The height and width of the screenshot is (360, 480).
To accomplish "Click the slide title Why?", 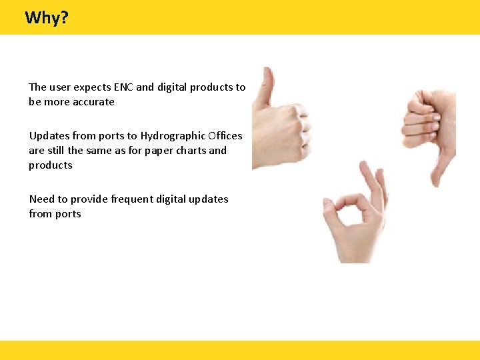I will [47, 17].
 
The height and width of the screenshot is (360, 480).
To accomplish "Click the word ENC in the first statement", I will [123, 87].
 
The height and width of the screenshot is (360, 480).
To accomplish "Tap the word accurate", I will [93, 102].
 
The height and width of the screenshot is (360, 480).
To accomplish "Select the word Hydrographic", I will [172, 135].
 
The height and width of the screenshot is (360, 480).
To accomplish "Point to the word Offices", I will [225, 135].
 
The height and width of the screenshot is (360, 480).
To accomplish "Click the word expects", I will [92, 87].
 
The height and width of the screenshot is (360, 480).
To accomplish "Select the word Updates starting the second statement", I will [49, 135].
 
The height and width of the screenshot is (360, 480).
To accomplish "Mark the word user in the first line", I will [60, 87].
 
